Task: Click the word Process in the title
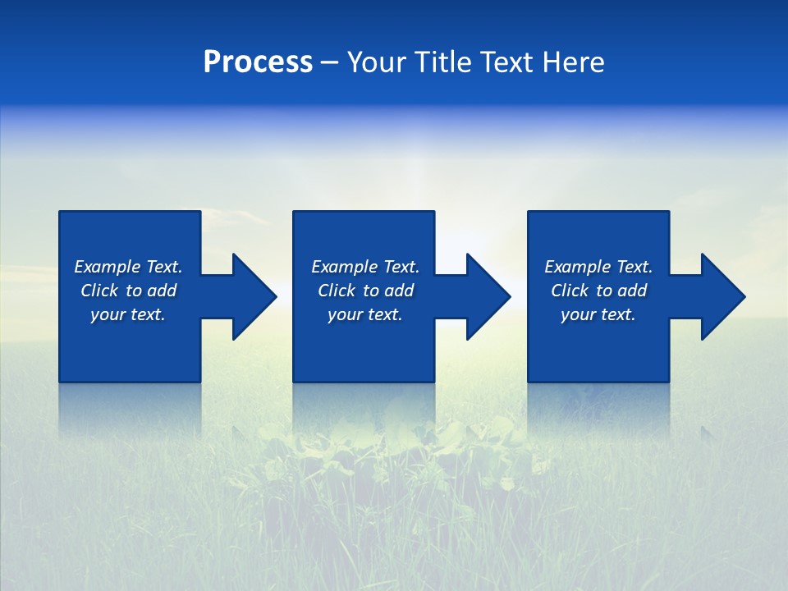click(258, 62)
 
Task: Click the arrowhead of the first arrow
click(254, 296)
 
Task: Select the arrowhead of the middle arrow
click(488, 296)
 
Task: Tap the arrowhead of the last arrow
click(722, 296)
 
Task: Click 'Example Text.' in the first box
click(128, 267)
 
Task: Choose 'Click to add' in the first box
click(128, 291)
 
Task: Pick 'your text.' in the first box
click(128, 314)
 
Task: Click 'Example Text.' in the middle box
click(365, 267)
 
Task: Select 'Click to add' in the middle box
click(365, 291)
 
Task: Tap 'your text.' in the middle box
click(365, 314)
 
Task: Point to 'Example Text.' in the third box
click(598, 267)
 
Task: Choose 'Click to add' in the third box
click(598, 291)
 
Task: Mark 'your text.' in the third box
click(598, 314)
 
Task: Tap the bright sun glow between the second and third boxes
click(480, 238)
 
